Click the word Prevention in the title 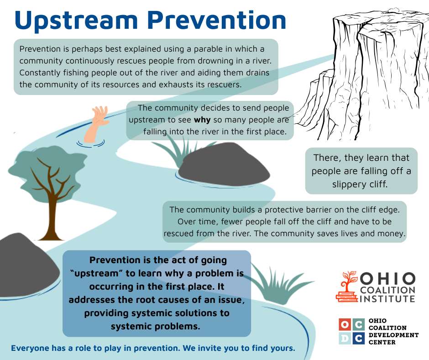pos(217,20)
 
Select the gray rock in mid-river pos(224,164)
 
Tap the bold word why pos(202,120)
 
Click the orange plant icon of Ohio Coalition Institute pos(347,286)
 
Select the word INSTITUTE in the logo pos(387,298)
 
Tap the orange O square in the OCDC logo pos(345,325)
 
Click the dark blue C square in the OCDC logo pos(358,339)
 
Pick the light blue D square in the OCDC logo pos(345,339)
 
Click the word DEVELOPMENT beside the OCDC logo pos(393,335)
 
